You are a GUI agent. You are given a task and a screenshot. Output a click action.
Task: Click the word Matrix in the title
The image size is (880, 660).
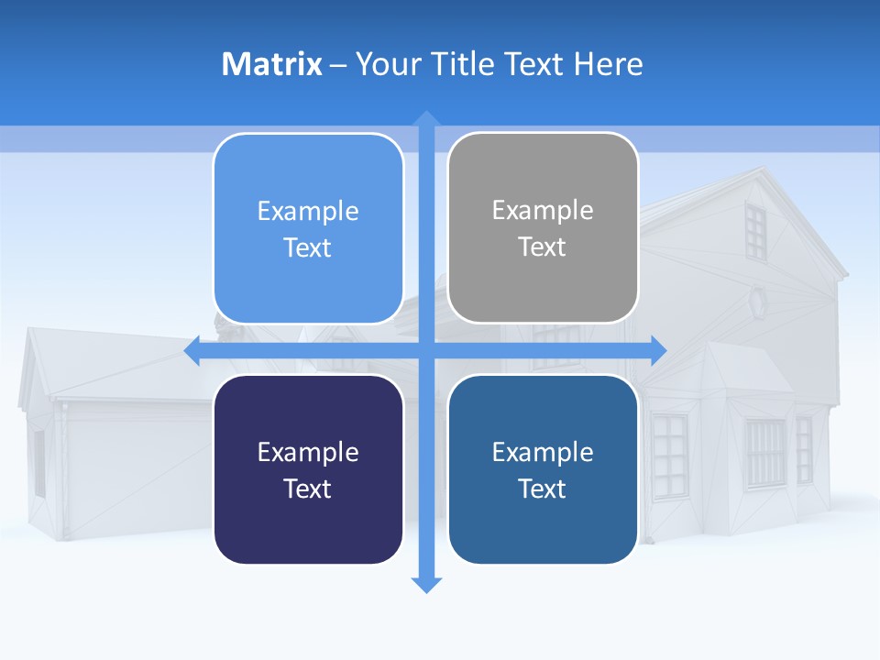coord(271,63)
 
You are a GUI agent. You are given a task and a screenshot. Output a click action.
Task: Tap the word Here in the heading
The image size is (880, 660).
coord(608,63)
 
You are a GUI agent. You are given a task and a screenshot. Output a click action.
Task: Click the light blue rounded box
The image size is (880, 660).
coord(308,228)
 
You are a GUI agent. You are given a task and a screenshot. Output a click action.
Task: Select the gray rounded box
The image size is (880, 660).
coord(543,228)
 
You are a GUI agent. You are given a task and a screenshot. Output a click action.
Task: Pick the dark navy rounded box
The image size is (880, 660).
coord(308,469)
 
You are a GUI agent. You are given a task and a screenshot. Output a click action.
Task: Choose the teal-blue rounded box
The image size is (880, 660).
coord(543,469)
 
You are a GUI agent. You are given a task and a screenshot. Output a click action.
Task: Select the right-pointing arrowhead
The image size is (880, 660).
coord(658,351)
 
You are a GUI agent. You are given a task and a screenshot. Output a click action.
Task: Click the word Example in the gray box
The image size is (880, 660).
coord(543,210)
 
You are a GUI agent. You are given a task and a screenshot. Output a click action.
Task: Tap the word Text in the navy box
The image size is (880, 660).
coord(308,489)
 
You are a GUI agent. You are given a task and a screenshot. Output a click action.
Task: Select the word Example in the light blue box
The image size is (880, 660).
coord(308,211)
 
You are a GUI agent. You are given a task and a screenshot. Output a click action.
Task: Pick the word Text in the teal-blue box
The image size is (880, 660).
coord(543,489)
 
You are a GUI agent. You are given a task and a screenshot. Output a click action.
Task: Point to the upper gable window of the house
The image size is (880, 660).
coord(755,231)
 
